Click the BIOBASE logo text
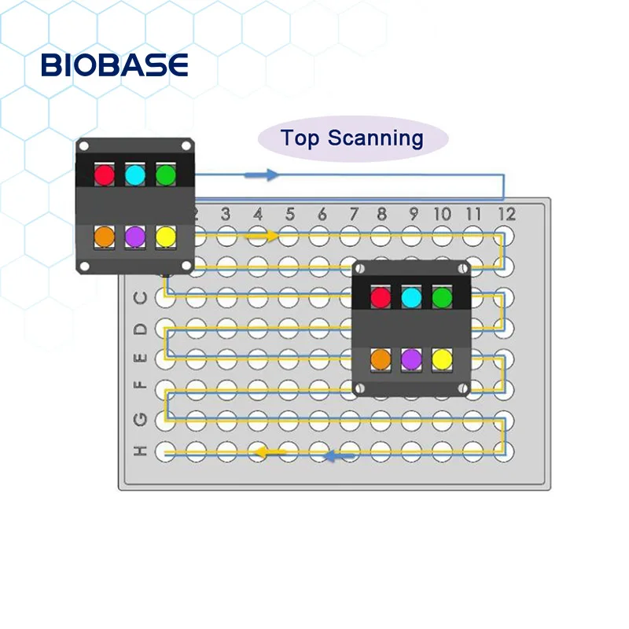click(x=115, y=65)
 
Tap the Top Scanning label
click(x=352, y=139)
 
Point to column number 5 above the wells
click(x=289, y=214)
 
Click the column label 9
click(x=413, y=214)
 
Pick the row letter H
click(x=141, y=451)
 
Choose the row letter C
click(x=141, y=298)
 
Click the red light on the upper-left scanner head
click(x=104, y=173)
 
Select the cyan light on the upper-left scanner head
click(x=134, y=173)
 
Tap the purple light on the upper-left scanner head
click(x=134, y=235)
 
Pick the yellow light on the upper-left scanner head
click(x=165, y=235)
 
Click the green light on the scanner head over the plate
click(x=442, y=297)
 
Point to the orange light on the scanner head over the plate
click(x=381, y=359)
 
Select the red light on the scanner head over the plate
click(x=381, y=297)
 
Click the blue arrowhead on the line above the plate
click(x=271, y=175)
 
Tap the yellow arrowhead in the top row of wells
click(x=273, y=235)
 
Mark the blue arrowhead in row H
click(x=332, y=455)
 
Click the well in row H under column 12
click(x=503, y=451)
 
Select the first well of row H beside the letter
click(x=166, y=451)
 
